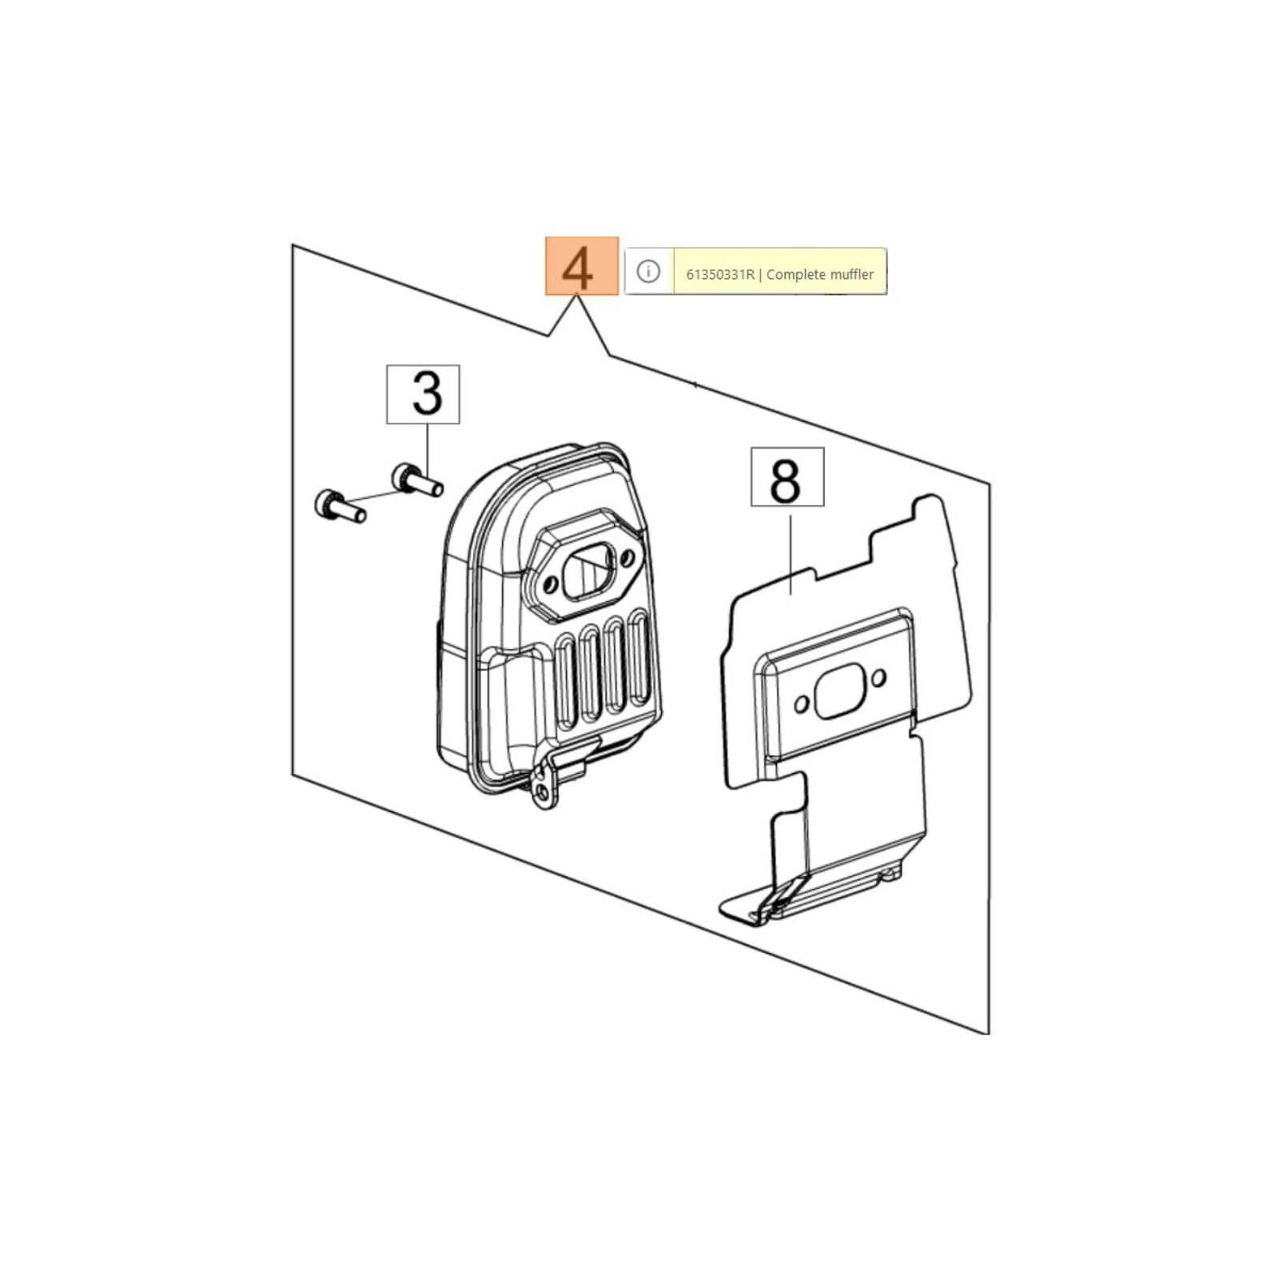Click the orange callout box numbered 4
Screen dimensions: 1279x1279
point(581,266)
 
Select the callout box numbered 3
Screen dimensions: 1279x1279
point(423,394)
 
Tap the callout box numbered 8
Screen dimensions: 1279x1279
point(787,477)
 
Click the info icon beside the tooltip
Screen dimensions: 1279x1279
point(648,272)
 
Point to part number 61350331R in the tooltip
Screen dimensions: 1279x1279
point(720,274)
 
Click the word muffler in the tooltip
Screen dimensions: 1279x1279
point(847,274)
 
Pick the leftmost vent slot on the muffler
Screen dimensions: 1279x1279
point(566,679)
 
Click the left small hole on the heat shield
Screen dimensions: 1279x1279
point(802,705)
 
